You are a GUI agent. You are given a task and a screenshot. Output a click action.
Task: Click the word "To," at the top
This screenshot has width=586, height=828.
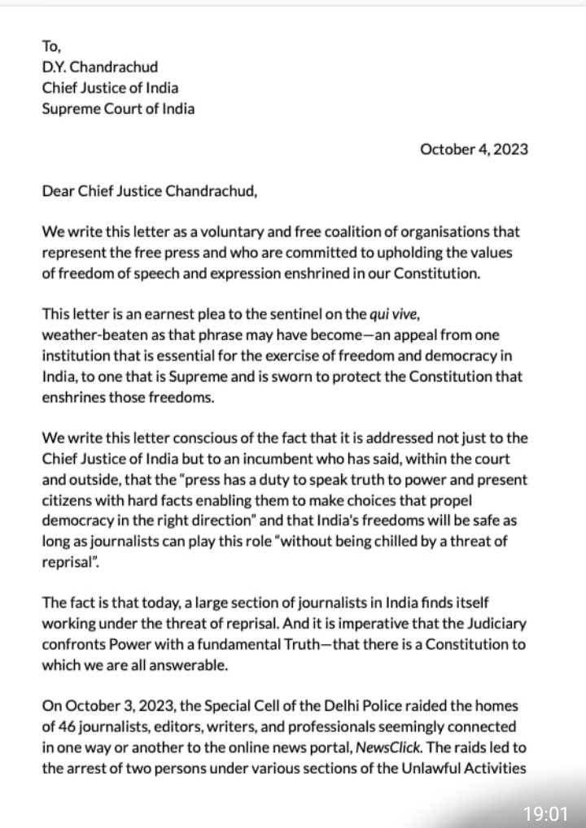click(x=50, y=46)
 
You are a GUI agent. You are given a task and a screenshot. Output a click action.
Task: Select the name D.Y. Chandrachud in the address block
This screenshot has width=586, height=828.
click(x=96, y=67)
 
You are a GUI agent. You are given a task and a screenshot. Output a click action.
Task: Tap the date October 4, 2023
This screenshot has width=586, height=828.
click(x=474, y=149)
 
